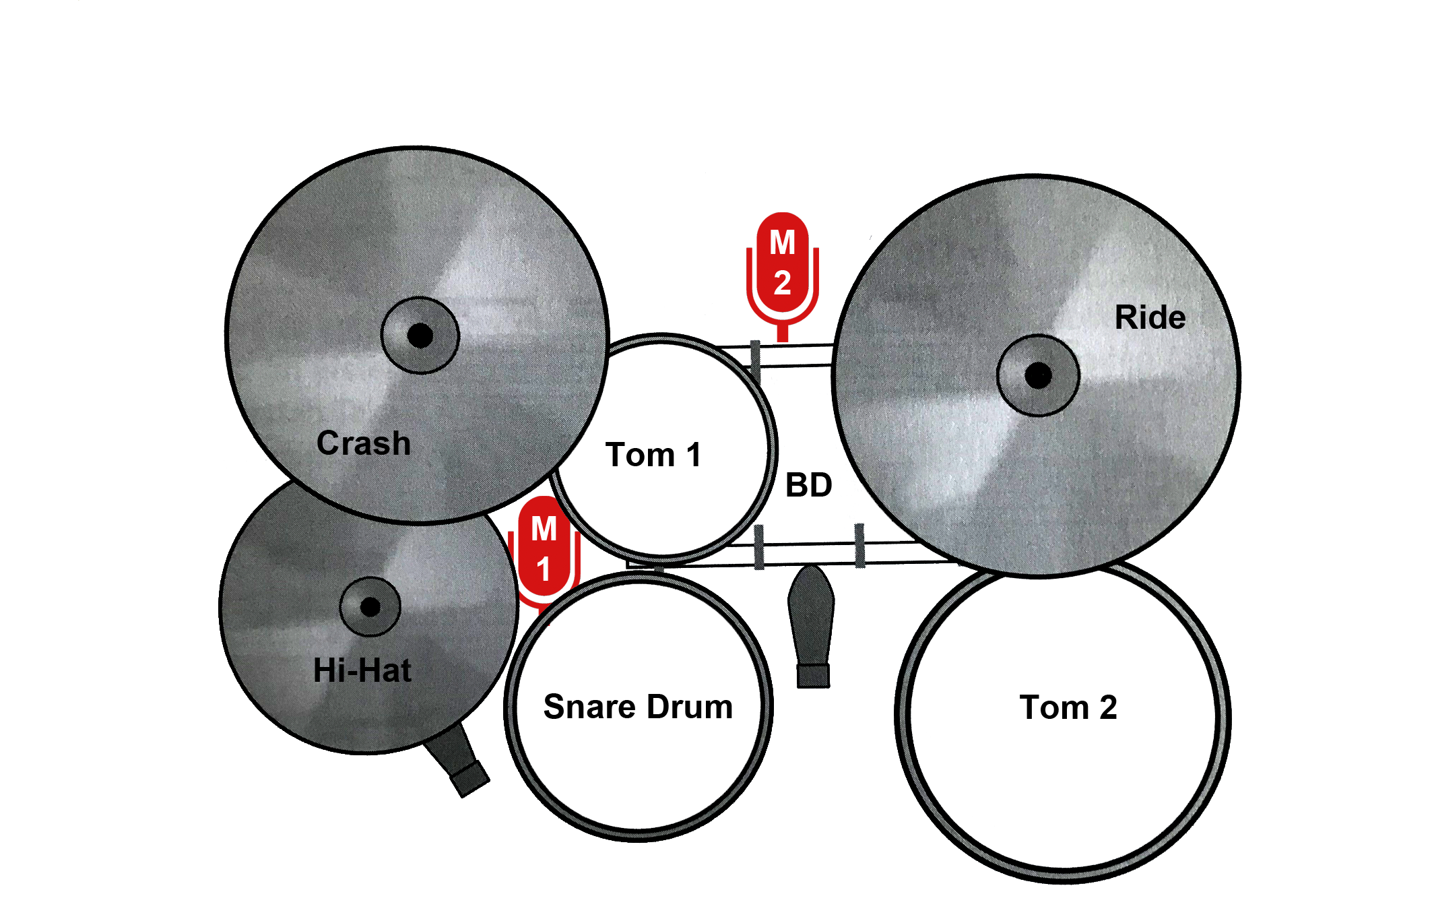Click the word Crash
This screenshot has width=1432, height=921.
pos(364,443)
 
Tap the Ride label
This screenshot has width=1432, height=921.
pos(1150,317)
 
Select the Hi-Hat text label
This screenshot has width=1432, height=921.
pos(362,670)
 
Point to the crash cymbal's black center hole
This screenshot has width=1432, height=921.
pos(420,336)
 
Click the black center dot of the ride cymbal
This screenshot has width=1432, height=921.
pos(1038,376)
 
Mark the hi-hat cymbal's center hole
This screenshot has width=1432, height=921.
pos(370,607)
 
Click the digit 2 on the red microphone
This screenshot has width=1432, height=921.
pos(782,284)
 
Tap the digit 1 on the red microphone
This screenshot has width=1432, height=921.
pos(544,569)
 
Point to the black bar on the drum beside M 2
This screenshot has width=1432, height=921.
pos(651,454)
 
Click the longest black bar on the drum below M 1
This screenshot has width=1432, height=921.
pos(637,706)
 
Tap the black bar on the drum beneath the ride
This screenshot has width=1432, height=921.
pos(1068,707)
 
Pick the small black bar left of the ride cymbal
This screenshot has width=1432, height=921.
pos(809,484)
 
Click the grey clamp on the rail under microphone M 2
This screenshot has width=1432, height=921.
pos(756,362)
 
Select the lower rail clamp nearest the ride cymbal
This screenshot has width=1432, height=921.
pos(859,546)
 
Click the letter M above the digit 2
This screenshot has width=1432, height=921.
pos(782,243)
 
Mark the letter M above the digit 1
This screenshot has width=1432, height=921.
pos(544,529)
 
